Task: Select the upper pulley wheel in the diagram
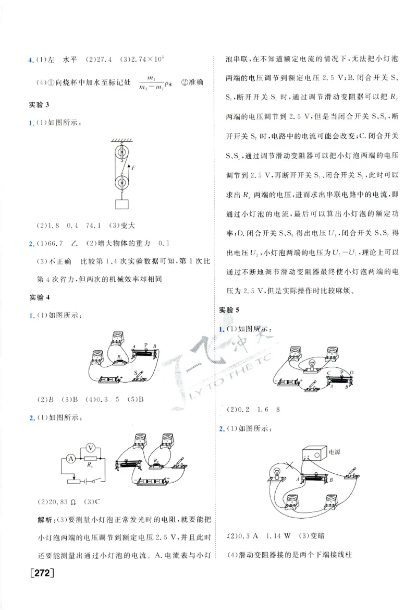pyautogui.click(x=122, y=153)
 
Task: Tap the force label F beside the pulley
pyautogui.click(x=134, y=168)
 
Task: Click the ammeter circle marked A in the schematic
pyautogui.click(x=69, y=459)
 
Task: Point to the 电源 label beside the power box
pyautogui.click(x=334, y=452)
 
